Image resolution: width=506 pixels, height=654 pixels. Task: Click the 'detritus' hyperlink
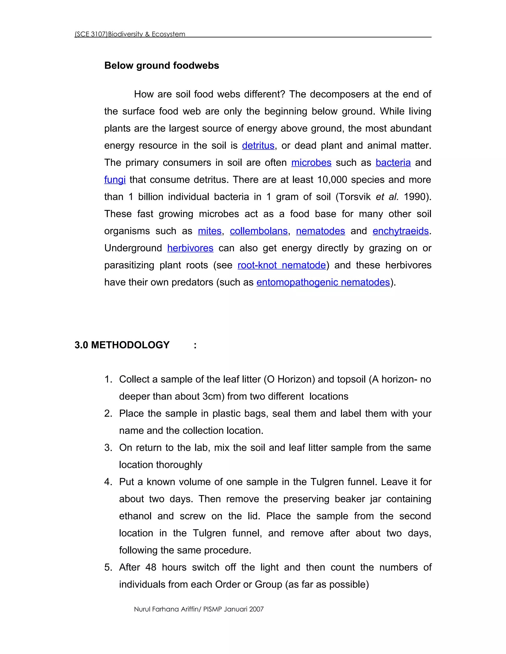coord(258,146)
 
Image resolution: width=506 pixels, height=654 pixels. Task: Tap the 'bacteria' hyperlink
coord(393,163)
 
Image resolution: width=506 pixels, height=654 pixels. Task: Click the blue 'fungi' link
coord(115,180)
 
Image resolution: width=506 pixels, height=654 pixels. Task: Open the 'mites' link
coord(210,231)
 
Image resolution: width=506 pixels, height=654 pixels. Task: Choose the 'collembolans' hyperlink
coord(259,231)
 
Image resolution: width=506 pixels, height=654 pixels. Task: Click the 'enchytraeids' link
coord(401,231)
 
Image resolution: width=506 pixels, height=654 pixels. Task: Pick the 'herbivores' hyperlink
coord(190,248)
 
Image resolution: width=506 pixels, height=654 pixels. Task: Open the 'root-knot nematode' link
coord(281,265)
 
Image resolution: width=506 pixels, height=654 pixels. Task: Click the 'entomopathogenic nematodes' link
coord(323,282)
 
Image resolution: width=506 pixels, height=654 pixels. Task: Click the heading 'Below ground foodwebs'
coord(162,66)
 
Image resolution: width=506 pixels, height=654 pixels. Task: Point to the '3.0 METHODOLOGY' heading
coord(122,345)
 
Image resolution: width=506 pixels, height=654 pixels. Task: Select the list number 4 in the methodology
coord(108,482)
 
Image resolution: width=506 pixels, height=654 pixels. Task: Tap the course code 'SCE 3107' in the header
coord(91,34)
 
